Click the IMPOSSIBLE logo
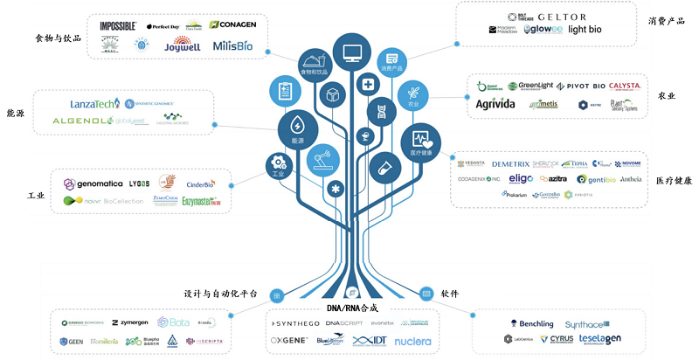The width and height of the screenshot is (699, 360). (117, 26)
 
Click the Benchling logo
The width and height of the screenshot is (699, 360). (529, 324)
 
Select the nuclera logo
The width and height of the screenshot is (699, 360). (412, 341)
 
